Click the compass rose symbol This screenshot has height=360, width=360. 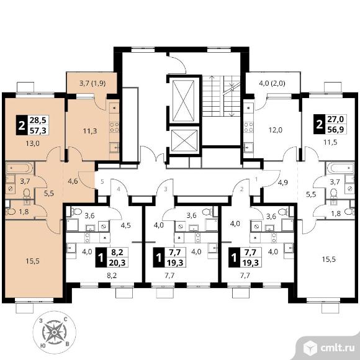click(x=55, y=332)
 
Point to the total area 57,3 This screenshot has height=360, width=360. click(x=38, y=130)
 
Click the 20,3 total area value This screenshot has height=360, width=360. click(x=117, y=263)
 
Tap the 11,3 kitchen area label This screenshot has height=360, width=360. click(x=90, y=131)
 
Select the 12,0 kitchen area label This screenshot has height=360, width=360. click(x=276, y=130)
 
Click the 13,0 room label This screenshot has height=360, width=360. click(x=33, y=143)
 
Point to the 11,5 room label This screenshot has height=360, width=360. click(x=330, y=142)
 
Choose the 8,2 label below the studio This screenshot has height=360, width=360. click(x=112, y=276)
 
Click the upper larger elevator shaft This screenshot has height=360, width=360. click(x=183, y=100)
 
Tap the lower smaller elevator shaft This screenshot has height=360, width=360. click(x=184, y=140)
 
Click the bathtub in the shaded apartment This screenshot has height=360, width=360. click(x=18, y=168)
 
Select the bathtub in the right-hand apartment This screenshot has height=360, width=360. click(x=341, y=168)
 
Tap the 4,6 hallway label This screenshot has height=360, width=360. click(x=73, y=181)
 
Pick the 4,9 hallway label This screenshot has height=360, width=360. click(x=282, y=182)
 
